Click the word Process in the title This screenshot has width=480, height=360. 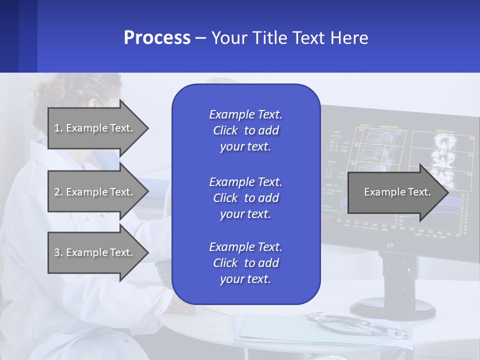tap(157, 38)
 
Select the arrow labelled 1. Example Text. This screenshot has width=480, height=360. tap(95, 128)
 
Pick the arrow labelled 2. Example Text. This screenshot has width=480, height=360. tap(95, 192)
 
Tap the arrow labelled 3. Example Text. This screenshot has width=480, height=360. tap(95, 252)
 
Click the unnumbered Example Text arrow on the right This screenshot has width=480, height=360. tap(395, 192)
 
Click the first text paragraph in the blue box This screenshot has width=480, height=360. tap(245, 130)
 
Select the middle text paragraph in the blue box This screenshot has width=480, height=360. tap(245, 198)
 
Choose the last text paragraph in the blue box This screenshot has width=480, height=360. tap(245, 263)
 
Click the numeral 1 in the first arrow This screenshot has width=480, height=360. tap(56, 128)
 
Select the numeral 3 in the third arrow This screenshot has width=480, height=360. tap(57, 253)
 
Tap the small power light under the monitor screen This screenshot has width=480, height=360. tap(389, 245)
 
